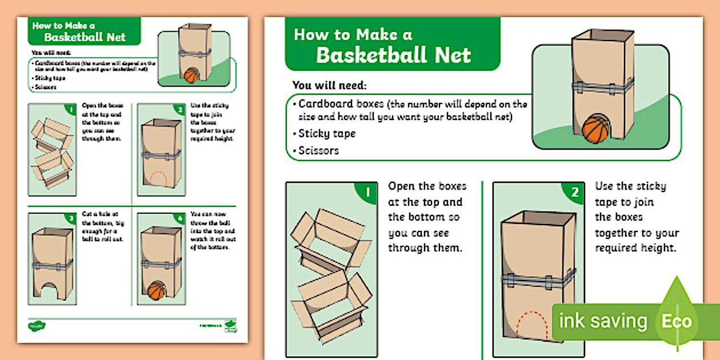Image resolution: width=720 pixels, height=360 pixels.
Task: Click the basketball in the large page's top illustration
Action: pos(597,129)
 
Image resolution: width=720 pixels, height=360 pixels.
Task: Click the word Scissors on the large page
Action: pos(319,151)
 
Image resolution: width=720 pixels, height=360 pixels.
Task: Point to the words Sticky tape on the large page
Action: pos(327,134)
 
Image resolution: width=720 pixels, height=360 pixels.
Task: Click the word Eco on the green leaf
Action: pos(677,321)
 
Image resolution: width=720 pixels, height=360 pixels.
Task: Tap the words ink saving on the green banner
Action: pos(603,321)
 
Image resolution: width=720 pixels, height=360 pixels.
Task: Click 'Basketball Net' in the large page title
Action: pos(394,55)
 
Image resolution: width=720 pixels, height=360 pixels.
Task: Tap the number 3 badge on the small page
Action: pos(71,218)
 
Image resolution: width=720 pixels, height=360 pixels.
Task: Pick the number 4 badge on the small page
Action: pos(179,218)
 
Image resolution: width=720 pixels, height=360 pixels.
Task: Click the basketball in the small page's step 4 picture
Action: pos(156,290)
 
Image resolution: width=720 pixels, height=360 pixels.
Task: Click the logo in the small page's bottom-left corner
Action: pos(37,326)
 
